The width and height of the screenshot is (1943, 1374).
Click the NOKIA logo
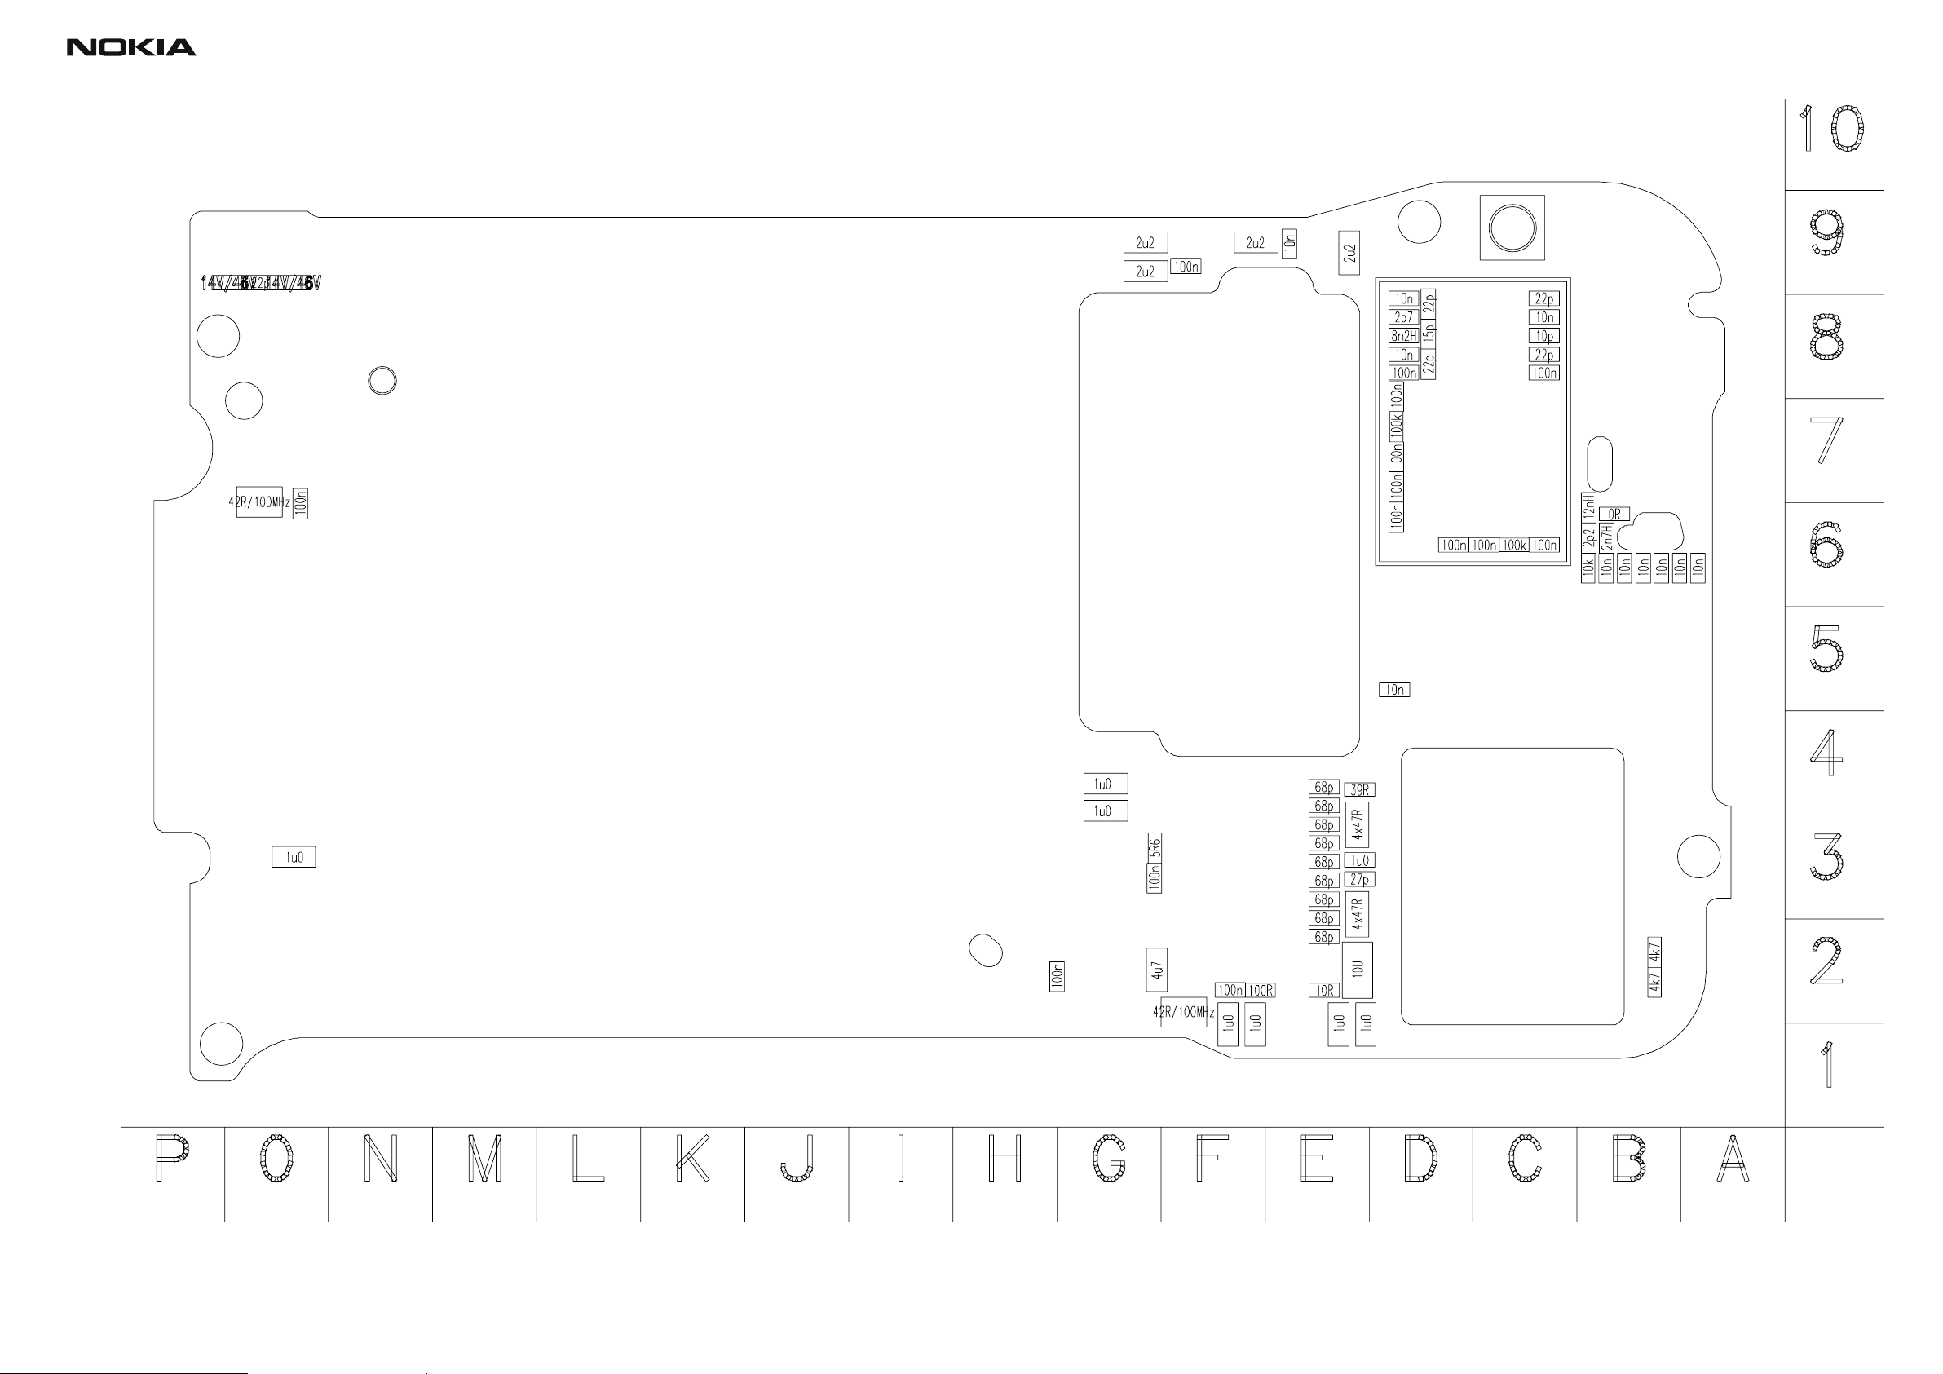click(x=131, y=48)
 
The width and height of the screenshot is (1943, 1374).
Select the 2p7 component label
click(x=1403, y=317)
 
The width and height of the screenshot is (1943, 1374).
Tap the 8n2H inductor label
click(x=1403, y=336)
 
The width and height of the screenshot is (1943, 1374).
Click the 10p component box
click(x=1543, y=336)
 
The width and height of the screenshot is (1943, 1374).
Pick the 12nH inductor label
click(x=1588, y=507)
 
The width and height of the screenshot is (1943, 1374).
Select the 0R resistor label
click(x=1614, y=514)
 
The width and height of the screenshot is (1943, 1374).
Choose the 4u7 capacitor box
click(x=1157, y=970)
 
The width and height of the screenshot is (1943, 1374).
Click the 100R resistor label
click(x=1260, y=990)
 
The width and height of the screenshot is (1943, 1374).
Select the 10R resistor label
click(x=1324, y=990)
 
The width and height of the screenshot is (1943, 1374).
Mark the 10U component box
click(x=1358, y=970)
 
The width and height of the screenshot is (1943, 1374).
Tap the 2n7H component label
click(x=1606, y=537)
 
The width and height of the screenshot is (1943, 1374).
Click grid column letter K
click(x=692, y=1158)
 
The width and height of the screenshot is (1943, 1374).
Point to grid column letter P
click(x=172, y=1158)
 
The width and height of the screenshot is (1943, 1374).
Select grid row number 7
click(x=1826, y=440)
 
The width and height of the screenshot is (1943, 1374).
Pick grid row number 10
click(x=1830, y=130)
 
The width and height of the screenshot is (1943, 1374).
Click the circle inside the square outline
click(x=1512, y=228)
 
